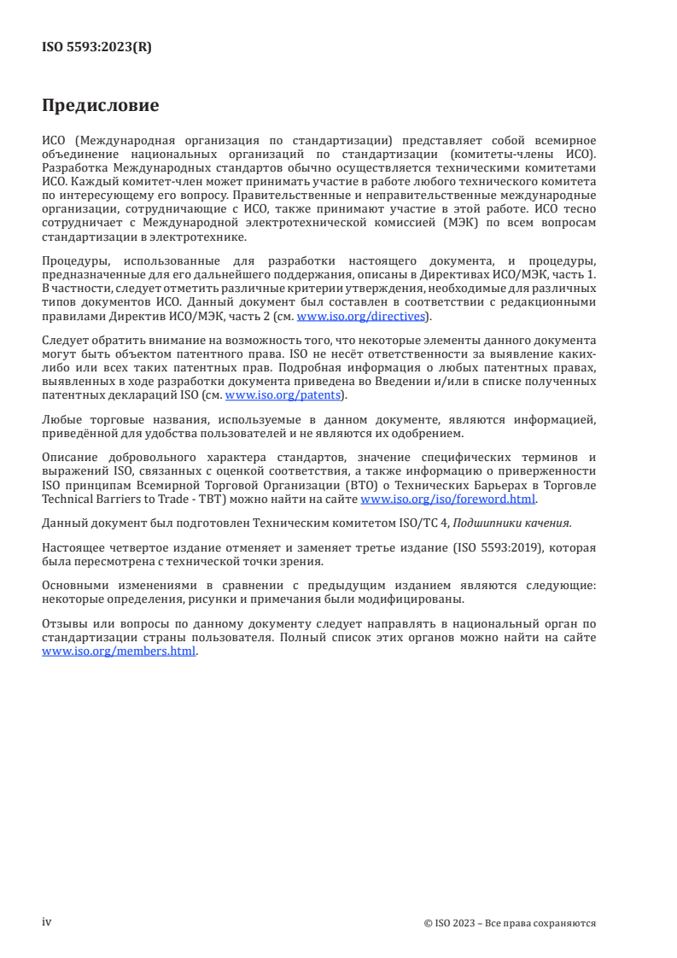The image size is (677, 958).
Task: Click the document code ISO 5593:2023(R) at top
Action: coord(96,48)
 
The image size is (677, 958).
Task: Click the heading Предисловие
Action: coord(100,107)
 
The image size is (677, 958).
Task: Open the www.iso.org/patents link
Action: coord(283,395)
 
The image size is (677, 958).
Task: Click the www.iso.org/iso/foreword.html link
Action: coord(449,499)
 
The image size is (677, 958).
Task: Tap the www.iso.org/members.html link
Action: coord(120,651)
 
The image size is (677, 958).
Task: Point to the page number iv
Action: coord(47,922)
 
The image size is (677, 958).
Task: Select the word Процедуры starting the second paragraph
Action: coord(75,260)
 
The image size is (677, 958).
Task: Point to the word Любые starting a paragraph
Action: coord(61,419)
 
